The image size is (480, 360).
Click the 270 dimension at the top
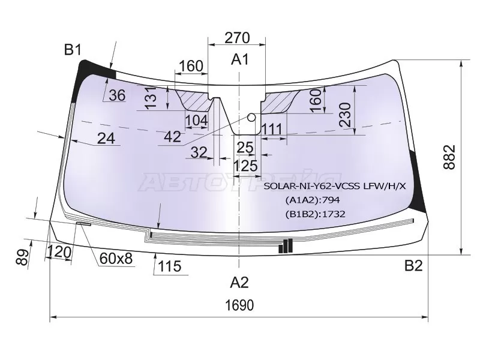pos(237,38)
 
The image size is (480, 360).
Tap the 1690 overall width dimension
pos(239,305)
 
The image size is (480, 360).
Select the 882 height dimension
pos(449,157)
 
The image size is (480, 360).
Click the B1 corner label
pos(73,49)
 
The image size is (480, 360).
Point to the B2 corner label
pos(413,266)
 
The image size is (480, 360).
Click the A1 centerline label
pos(241,59)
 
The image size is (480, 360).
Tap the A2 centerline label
pos(239,282)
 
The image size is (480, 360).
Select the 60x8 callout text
pos(116,259)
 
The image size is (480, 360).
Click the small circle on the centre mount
pos(251,117)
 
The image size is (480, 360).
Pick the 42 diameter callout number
pos(173,137)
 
